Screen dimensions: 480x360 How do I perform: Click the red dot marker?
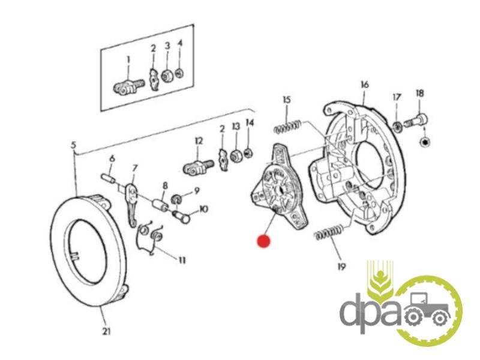[263, 241]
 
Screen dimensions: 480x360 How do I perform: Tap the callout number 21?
[106, 331]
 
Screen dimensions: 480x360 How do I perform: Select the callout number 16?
[365, 84]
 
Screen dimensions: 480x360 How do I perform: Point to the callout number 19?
[341, 266]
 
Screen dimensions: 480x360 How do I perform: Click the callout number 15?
[287, 100]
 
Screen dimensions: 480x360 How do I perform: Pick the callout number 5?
[73, 145]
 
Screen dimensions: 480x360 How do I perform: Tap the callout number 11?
[182, 260]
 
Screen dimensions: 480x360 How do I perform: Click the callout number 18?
[419, 93]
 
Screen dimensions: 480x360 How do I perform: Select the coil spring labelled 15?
[287, 127]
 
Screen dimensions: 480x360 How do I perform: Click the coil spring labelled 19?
[329, 232]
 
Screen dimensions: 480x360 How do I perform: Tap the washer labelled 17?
[397, 126]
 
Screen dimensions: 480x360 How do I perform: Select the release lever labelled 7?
[132, 205]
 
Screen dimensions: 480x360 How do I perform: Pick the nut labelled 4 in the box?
[179, 73]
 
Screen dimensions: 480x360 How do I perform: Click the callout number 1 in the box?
[128, 59]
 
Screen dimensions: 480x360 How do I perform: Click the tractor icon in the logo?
[428, 310]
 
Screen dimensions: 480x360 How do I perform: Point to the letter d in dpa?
[352, 312]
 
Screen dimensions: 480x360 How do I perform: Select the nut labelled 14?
[248, 152]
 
